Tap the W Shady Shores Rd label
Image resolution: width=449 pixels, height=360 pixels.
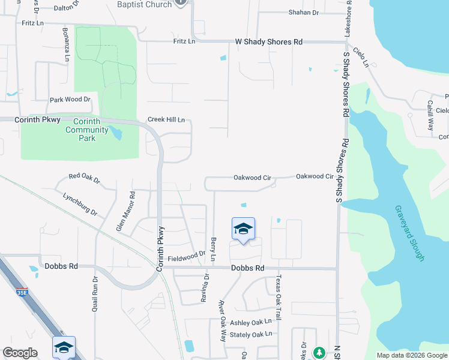click(x=268, y=42)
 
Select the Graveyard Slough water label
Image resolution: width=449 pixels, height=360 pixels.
click(x=409, y=233)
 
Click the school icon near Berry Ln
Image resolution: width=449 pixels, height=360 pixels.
click(x=243, y=229)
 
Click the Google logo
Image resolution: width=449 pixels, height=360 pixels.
click(x=20, y=353)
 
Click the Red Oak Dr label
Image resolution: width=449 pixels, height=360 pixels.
click(x=84, y=178)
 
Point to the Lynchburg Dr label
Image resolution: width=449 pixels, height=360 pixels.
click(x=80, y=203)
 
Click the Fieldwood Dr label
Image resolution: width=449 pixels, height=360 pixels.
click(x=187, y=256)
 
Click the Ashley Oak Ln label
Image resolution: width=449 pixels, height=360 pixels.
click(x=251, y=322)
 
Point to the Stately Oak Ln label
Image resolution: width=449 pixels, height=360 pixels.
click(x=251, y=334)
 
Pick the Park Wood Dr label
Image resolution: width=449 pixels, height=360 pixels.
click(x=70, y=100)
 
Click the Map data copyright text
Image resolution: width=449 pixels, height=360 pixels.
click(x=412, y=355)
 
